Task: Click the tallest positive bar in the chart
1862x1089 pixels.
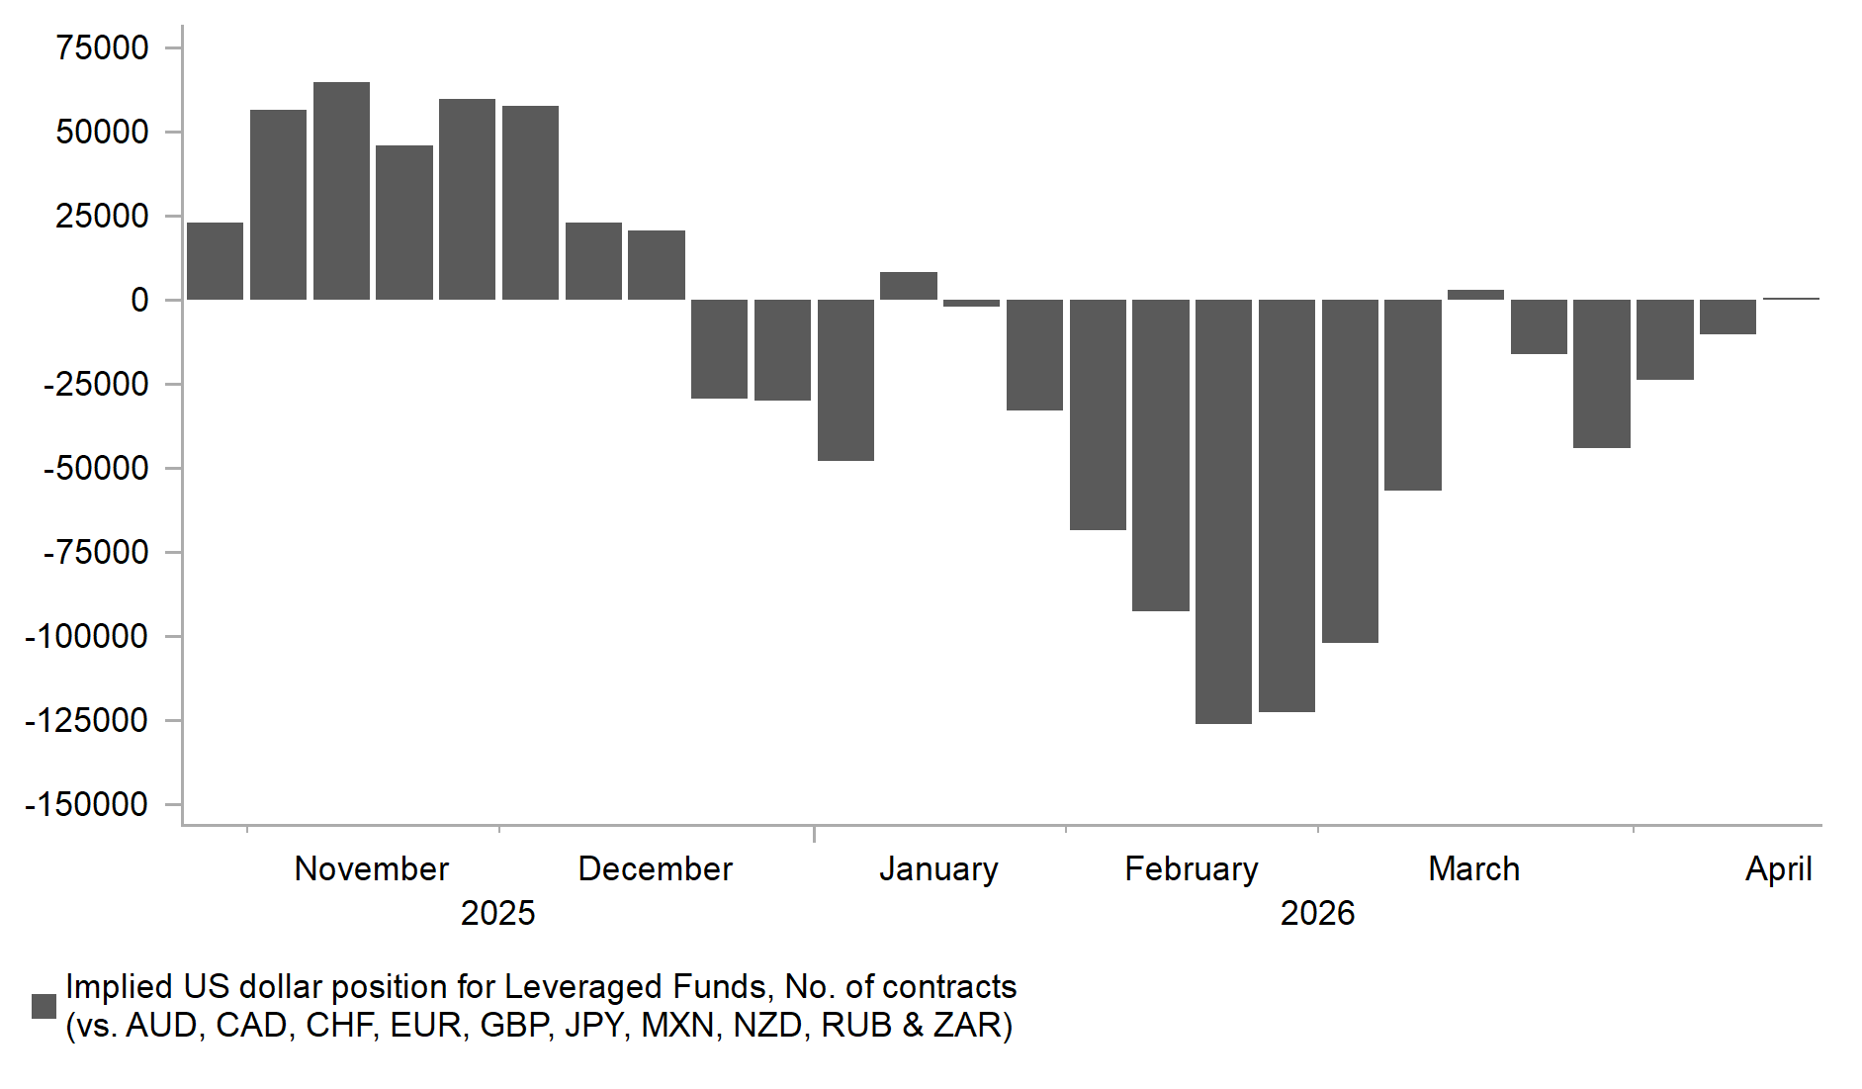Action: coord(341,191)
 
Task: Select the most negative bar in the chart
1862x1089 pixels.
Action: coord(1223,511)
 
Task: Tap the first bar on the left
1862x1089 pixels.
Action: coord(215,261)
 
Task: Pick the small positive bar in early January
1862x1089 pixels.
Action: coord(908,286)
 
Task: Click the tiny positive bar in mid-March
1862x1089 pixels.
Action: coord(1475,295)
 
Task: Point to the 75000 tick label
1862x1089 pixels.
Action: coord(103,47)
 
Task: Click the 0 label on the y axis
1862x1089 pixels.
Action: coord(139,300)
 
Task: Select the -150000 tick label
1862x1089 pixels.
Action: coord(87,804)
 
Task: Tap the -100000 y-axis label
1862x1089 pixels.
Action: coord(87,636)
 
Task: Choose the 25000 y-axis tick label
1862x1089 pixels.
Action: coord(103,216)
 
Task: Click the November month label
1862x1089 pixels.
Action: coord(372,869)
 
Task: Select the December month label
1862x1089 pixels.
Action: coord(655,869)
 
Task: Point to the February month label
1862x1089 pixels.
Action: coord(1192,869)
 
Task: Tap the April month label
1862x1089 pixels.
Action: coord(1778,869)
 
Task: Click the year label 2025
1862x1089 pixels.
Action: coord(497,913)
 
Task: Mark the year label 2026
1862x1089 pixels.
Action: coord(1317,913)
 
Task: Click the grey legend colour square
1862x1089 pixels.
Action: coord(44,1006)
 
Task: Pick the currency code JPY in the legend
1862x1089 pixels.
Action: coord(596,1026)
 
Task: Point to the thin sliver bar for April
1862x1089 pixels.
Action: coord(1791,299)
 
